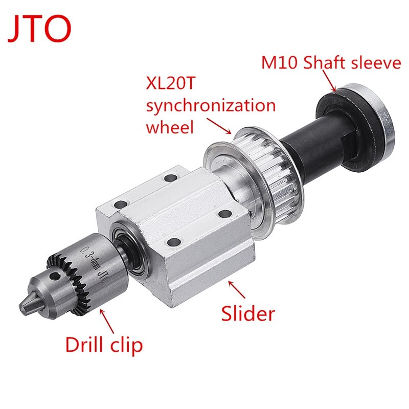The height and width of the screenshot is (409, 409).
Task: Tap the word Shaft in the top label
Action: pos(327,64)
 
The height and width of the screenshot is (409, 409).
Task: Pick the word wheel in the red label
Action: pos(170,126)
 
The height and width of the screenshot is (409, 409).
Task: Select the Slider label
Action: pos(248,313)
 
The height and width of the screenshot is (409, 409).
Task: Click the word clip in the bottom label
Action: pos(125,346)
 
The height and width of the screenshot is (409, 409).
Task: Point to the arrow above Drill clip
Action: pos(108,320)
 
